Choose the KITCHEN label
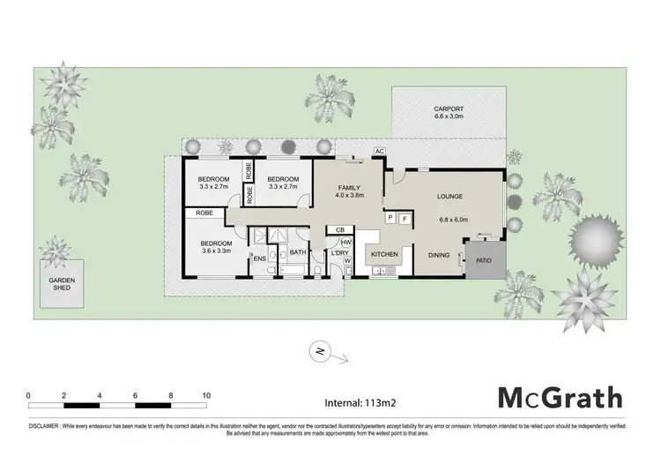pos(384,254)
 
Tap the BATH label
pos(297,253)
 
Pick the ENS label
pos(260,258)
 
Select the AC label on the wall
pos(379,152)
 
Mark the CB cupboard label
pos(339,229)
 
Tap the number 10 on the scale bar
pos(205,395)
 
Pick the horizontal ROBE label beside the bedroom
pos(201,213)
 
